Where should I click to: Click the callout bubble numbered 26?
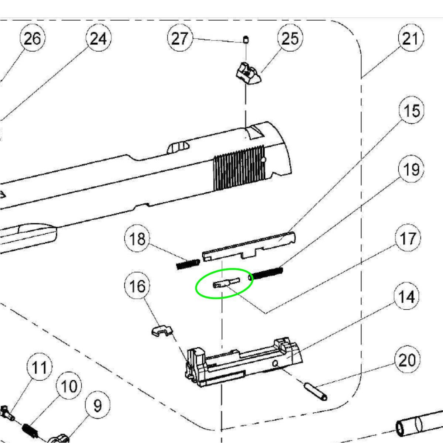click(32, 38)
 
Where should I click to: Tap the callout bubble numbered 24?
click(98, 38)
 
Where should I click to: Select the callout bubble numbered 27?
click(180, 38)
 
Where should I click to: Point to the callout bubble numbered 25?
click(290, 38)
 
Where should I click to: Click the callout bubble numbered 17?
click(408, 239)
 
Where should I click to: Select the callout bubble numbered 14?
click(407, 297)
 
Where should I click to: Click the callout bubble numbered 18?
click(137, 239)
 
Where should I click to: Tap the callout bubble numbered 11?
click(40, 368)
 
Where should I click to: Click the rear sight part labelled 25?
click(248, 73)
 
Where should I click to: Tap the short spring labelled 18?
click(188, 264)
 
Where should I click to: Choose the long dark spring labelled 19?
click(266, 274)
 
